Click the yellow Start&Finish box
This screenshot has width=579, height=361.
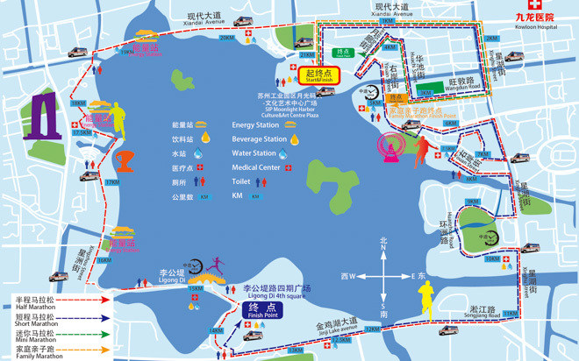click(318, 75)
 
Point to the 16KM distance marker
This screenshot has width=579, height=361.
click(104, 260)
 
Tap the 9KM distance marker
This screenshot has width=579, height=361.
click(473, 202)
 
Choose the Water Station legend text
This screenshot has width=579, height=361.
click(254, 153)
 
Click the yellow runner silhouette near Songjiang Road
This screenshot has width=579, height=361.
click(426, 301)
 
